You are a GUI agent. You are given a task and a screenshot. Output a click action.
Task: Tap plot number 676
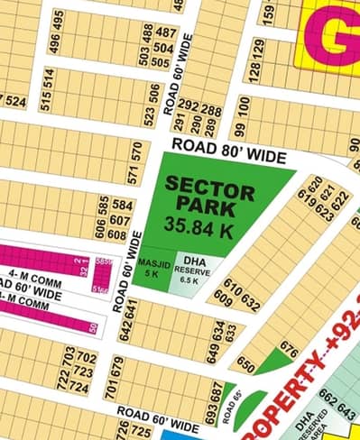(289, 347)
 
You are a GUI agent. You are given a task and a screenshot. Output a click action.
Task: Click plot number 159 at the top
(268, 14)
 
